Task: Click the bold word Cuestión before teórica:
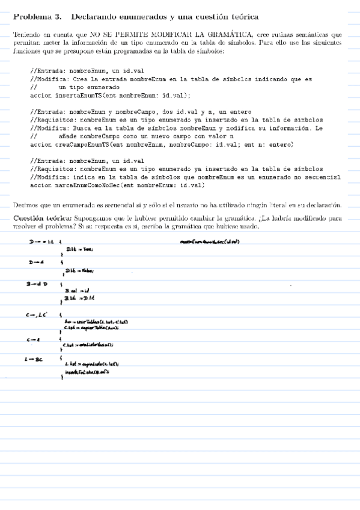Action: pos(29,217)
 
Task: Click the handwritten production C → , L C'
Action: pos(36,313)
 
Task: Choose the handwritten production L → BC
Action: pos(35,360)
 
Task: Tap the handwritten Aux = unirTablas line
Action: pos(95,322)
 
